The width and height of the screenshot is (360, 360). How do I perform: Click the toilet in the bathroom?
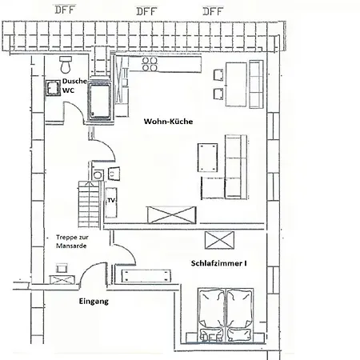point(66,64)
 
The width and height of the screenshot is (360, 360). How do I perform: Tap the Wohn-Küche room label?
point(168,122)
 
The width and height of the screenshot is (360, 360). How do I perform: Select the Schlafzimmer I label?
point(218,263)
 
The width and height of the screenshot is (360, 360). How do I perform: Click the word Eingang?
point(94,302)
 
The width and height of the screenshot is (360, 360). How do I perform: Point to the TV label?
point(111,200)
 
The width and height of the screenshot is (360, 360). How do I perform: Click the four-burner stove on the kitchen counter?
point(150,64)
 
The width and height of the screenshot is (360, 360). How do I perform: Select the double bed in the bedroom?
point(226,315)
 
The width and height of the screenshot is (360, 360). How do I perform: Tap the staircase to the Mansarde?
point(90,204)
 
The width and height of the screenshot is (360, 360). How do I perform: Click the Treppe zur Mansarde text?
point(72,242)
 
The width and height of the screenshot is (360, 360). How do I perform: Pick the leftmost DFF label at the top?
point(65,10)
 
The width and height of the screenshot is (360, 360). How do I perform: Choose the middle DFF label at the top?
point(146,11)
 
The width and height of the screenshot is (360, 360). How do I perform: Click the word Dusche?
point(74,81)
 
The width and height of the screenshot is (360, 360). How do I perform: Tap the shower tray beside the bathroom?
point(100,101)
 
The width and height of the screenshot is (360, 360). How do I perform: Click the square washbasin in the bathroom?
point(53,88)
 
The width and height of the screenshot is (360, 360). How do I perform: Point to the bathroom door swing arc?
point(78,110)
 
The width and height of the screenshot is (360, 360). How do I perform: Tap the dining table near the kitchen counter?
point(236,84)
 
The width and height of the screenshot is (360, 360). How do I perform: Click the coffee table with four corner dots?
point(207,158)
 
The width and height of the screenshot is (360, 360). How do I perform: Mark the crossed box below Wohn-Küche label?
point(172,215)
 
